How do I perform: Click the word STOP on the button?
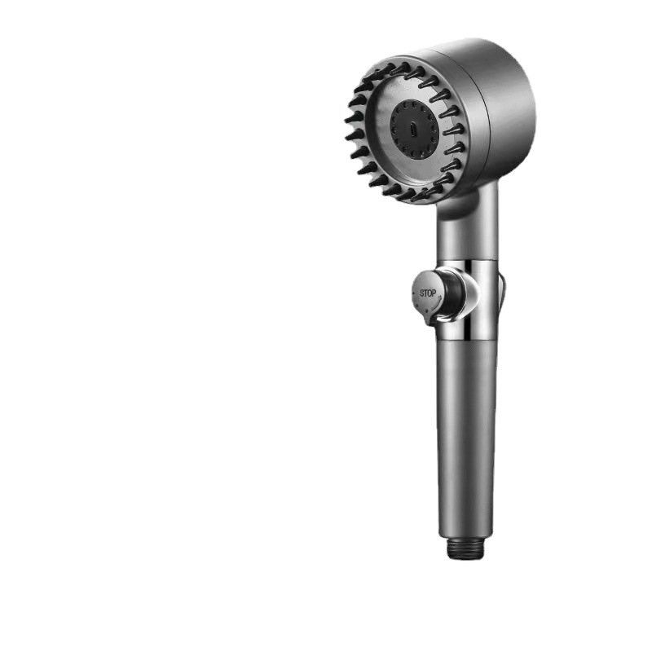pos(427,293)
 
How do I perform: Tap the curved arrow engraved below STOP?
pos(434,304)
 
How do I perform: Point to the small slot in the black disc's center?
pos(412,130)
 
